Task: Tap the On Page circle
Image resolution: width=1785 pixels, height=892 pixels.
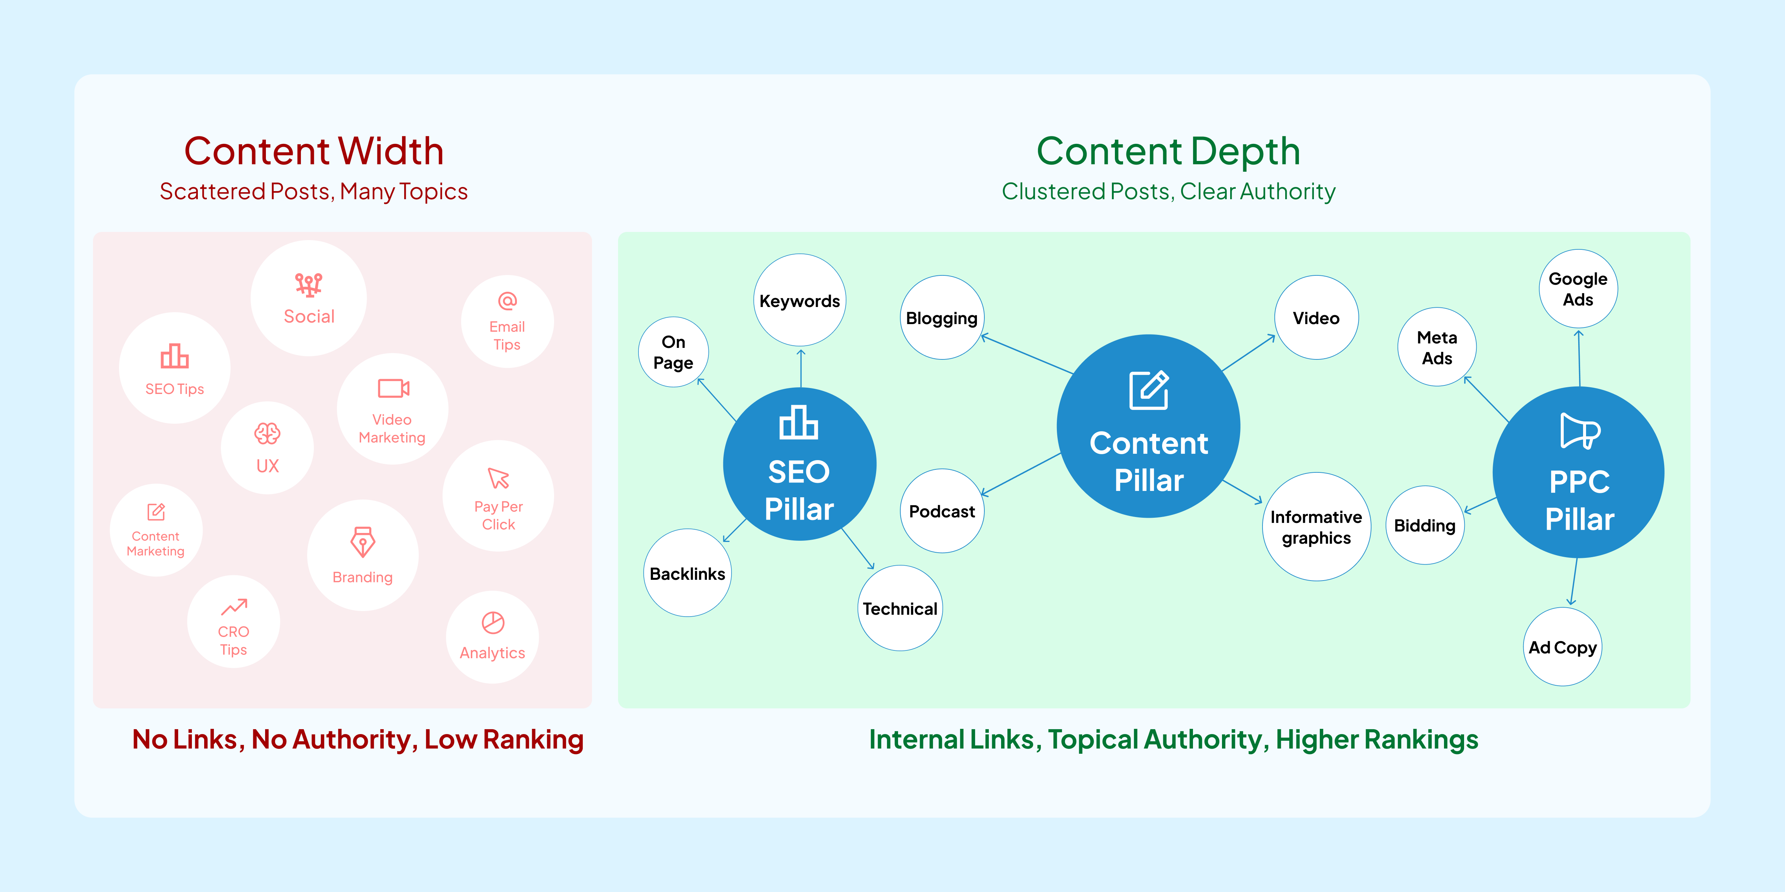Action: coord(673,352)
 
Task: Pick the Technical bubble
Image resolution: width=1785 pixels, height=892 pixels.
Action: coord(900,608)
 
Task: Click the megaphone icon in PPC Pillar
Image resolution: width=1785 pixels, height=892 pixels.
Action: coord(1580,431)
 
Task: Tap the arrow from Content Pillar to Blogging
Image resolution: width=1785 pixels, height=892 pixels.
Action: coord(1026,355)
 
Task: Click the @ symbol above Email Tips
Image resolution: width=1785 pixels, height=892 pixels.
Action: coord(507,301)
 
